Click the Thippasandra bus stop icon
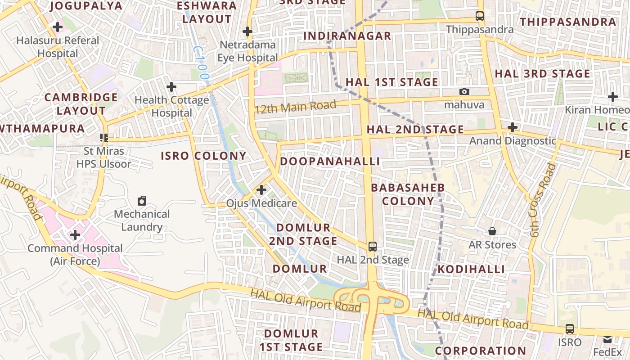[x=480, y=17]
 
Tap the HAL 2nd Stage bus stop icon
[x=372, y=246]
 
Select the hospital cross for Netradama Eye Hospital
[x=247, y=31]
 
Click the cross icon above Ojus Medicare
[x=261, y=190]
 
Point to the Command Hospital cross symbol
[x=75, y=235]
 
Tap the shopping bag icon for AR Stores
[x=492, y=231]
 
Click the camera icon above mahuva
[x=464, y=91]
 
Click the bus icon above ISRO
[x=570, y=329]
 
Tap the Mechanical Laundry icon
[x=142, y=200]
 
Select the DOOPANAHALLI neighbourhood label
[x=330, y=161]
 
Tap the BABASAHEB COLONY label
[x=408, y=194]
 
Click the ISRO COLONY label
[x=204, y=156]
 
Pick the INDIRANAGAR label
[x=347, y=36]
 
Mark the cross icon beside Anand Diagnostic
[x=512, y=127]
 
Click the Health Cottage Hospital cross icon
[x=171, y=86]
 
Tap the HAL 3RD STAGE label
[x=542, y=73]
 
